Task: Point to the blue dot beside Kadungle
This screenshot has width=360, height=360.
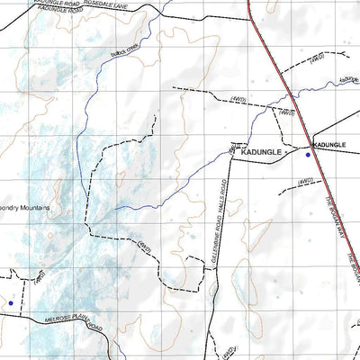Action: coord(308,156)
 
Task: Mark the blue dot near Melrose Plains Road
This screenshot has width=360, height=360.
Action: coord(11,303)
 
